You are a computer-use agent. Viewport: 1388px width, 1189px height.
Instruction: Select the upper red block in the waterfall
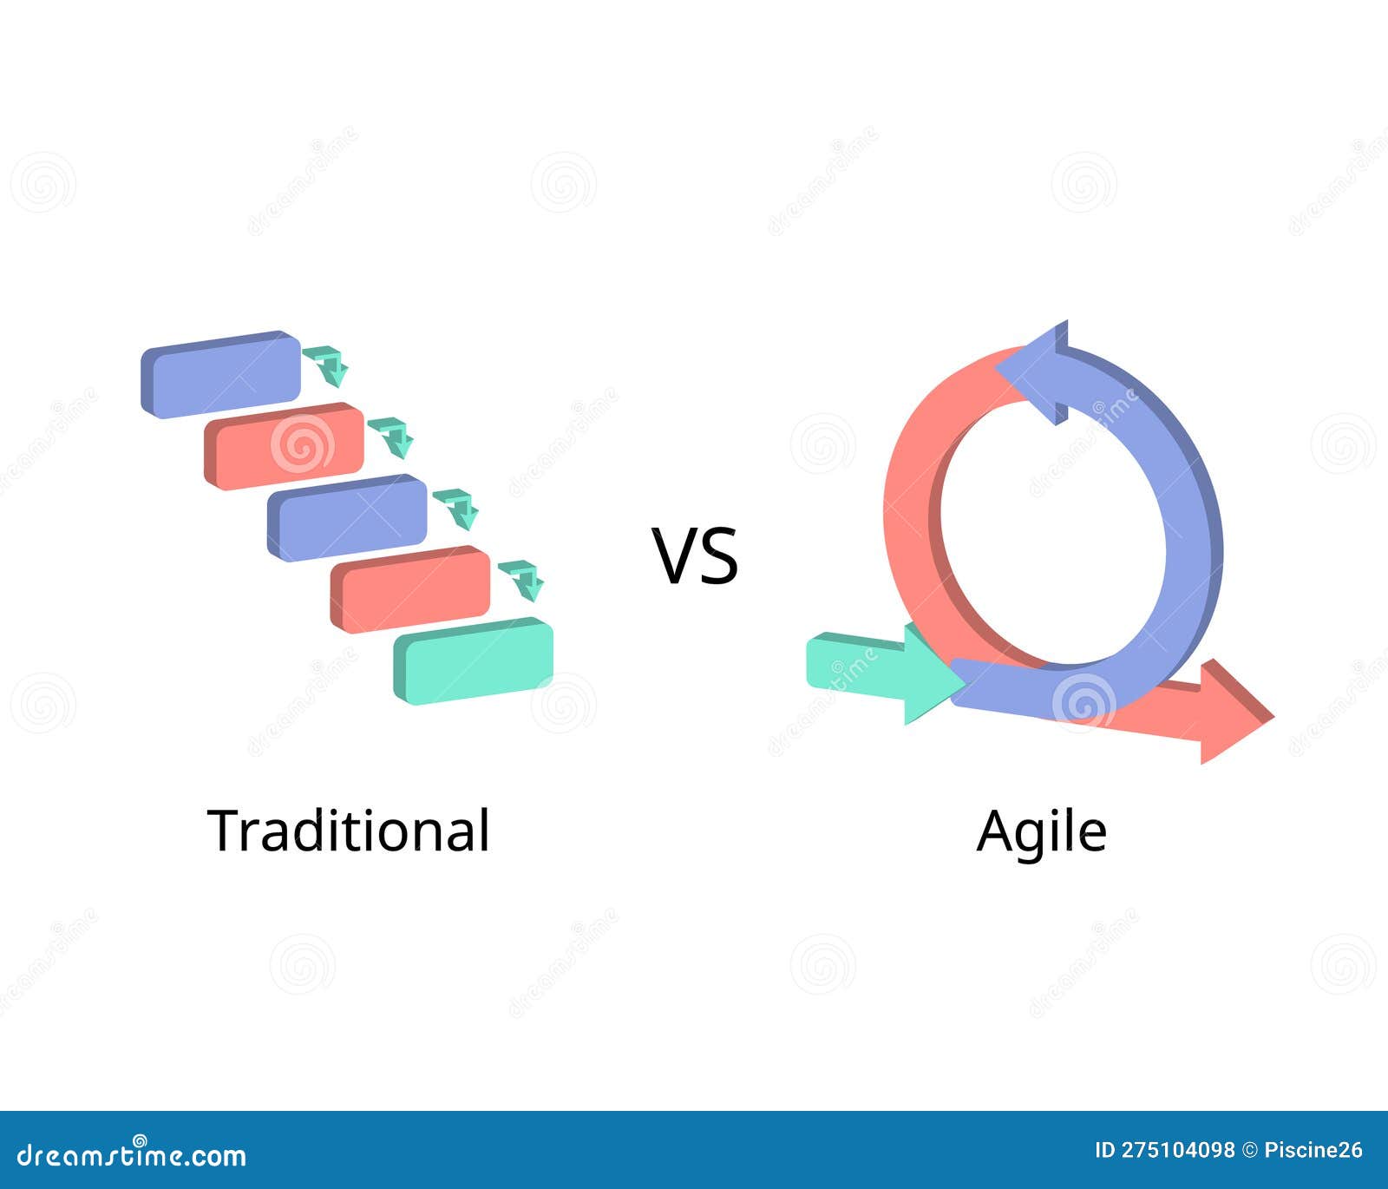[x=285, y=446]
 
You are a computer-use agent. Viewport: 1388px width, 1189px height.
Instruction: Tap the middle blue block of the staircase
[x=347, y=518]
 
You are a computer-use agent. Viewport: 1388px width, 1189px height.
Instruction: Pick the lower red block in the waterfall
[x=410, y=589]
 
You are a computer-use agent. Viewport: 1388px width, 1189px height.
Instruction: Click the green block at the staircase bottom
[x=474, y=661]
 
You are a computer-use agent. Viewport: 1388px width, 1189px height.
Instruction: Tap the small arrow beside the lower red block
[x=521, y=579]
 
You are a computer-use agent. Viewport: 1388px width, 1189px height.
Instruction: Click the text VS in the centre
[x=695, y=556]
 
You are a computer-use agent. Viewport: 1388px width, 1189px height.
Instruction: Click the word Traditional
[x=349, y=831]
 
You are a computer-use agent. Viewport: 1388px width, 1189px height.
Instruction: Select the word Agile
[x=1041, y=831]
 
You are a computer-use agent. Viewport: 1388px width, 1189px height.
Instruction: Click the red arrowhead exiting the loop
[x=1232, y=713]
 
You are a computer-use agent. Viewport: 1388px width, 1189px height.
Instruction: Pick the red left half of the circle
[x=911, y=521]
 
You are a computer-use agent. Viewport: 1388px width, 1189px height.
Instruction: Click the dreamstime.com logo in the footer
[x=132, y=1154]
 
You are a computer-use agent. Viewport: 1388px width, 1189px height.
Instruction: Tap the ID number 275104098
[x=1177, y=1151]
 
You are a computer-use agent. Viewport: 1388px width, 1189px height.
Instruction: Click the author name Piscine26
[x=1313, y=1151]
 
